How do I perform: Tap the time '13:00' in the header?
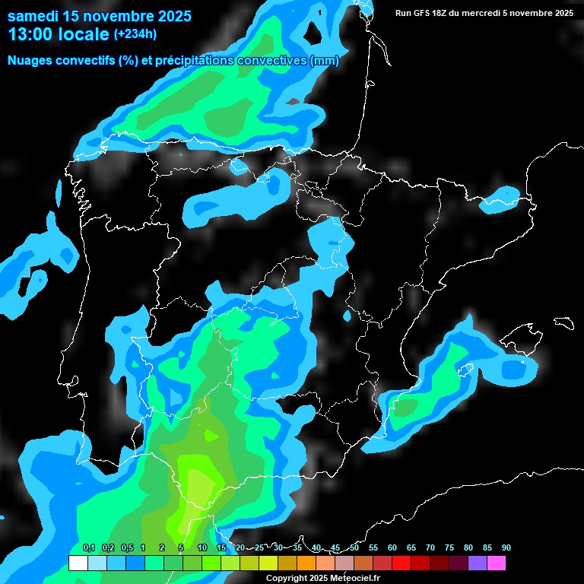pyautogui.click(x=31, y=34)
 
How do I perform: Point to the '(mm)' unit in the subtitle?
pyautogui.click(x=324, y=60)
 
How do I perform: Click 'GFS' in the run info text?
pyautogui.click(x=425, y=13)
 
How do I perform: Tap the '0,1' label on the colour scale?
pyautogui.click(x=88, y=548)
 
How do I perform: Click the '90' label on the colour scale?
pyautogui.click(x=506, y=548)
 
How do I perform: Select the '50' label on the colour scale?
pyautogui.click(x=354, y=548)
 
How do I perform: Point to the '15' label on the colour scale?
pyautogui.click(x=221, y=548)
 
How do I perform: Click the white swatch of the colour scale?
pyautogui.click(x=78, y=563)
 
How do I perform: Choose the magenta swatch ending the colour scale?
pyautogui.click(x=496, y=563)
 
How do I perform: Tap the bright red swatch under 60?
pyautogui.click(x=401, y=563)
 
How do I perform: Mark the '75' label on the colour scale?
pyautogui.click(x=449, y=548)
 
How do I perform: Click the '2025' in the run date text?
pyautogui.click(x=562, y=13)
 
